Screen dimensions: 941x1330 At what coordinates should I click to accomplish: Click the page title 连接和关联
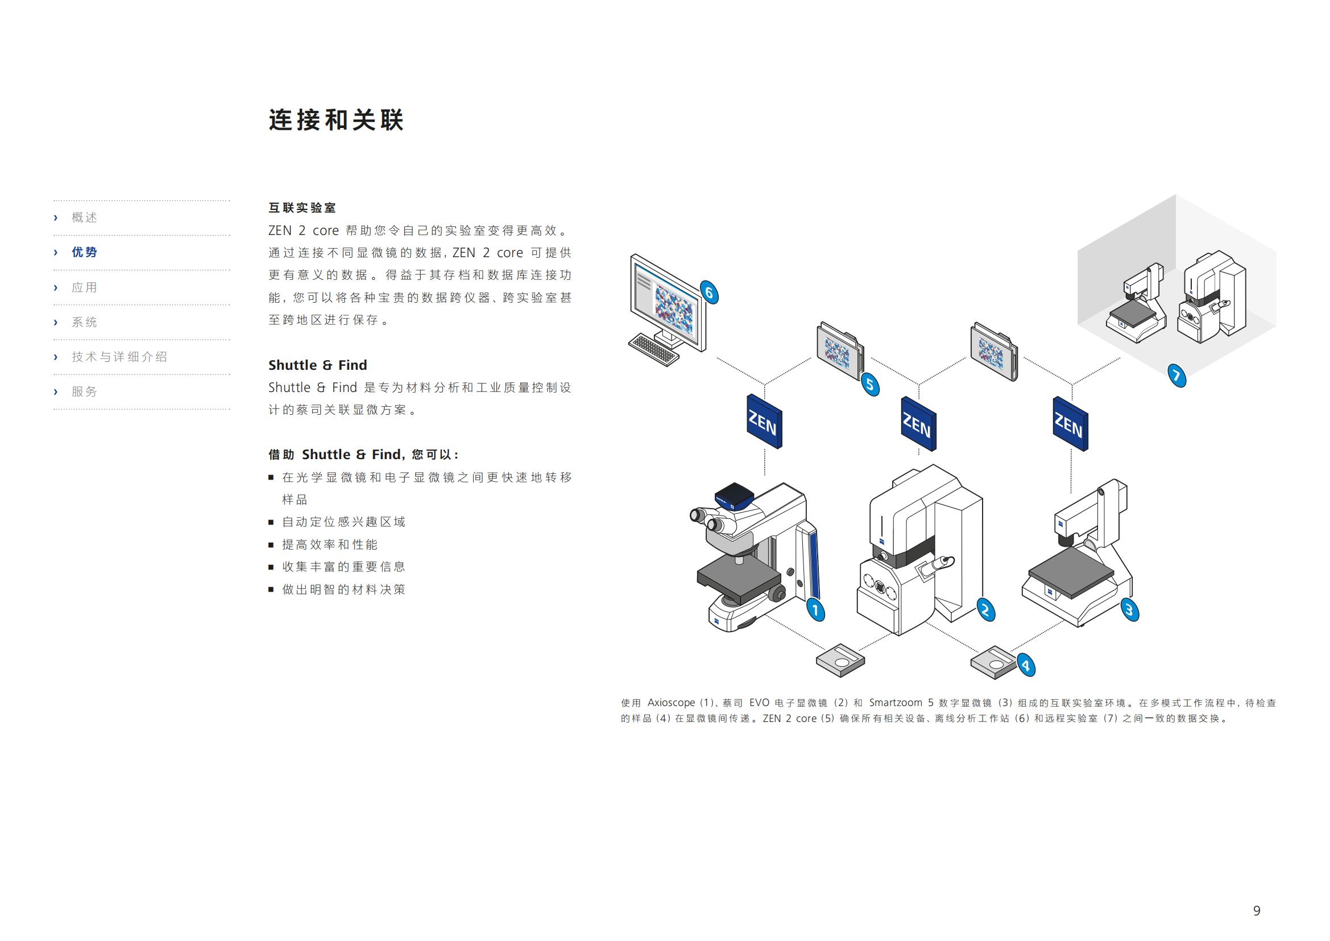pyautogui.click(x=336, y=120)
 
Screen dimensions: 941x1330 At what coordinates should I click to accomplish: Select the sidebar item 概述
pyautogui.click(x=85, y=217)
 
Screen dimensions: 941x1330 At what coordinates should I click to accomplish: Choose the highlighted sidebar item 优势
pyautogui.click(x=85, y=252)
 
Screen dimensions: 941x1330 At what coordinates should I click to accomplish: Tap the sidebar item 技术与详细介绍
pyautogui.click(x=119, y=357)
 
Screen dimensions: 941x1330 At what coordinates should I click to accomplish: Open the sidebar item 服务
pyautogui.click(x=85, y=391)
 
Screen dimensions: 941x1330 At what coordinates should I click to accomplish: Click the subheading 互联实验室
pyautogui.click(x=302, y=208)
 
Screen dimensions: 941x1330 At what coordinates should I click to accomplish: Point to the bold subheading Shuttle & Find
pyautogui.click(x=317, y=365)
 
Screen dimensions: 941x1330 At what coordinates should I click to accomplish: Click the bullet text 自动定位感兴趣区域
pyautogui.click(x=343, y=522)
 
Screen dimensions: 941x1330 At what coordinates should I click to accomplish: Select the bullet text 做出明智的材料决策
pyautogui.click(x=343, y=589)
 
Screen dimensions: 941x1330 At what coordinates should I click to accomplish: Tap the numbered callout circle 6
pyautogui.click(x=709, y=292)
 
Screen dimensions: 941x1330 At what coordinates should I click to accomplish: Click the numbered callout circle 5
pyautogui.click(x=870, y=385)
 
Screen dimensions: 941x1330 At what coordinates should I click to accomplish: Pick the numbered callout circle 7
pyautogui.click(x=1176, y=375)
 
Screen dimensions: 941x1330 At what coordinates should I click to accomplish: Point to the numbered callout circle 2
pyautogui.click(x=985, y=609)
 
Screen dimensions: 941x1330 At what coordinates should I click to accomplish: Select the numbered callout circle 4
pyautogui.click(x=1026, y=665)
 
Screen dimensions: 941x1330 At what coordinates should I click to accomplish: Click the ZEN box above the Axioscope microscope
pyautogui.click(x=764, y=421)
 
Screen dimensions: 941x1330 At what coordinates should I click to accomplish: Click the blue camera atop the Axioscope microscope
pyautogui.click(x=734, y=496)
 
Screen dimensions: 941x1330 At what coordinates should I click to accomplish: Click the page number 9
pyautogui.click(x=1257, y=910)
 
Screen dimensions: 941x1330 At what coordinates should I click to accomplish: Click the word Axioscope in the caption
pyautogui.click(x=671, y=703)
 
